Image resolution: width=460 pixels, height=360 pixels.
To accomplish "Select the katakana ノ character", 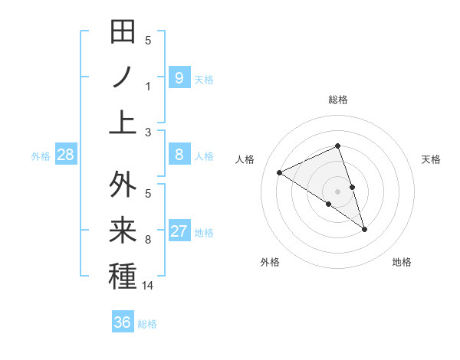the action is [123, 77].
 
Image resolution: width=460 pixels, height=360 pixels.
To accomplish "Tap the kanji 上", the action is [123, 122].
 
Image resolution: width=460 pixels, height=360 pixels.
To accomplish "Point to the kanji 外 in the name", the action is [123, 185].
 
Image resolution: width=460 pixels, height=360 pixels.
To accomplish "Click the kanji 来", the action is [123, 231].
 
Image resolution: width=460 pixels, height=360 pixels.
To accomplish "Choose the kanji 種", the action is [123, 276].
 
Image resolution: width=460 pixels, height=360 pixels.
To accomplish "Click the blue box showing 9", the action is [179, 77].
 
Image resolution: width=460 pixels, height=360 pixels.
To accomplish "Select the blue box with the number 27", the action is [179, 231].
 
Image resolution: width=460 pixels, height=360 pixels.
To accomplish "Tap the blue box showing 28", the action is [66, 155].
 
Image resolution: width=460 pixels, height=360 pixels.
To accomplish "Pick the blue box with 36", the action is [122, 322].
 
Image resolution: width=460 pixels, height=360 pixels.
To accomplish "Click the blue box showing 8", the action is [179, 155].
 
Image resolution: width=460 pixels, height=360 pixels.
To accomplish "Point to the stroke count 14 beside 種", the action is [148, 286].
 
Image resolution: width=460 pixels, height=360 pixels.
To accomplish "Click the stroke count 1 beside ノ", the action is [148, 86].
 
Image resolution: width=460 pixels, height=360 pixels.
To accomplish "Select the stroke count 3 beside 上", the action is [148, 132].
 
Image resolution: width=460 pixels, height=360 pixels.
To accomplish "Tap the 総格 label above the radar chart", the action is [337, 100].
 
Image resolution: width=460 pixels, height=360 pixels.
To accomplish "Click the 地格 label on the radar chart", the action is [402, 262].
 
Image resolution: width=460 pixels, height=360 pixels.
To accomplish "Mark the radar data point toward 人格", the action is [280, 172].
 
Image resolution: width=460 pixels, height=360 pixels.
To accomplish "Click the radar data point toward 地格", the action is [364, 228].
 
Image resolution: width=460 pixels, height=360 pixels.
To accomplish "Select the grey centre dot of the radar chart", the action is [337, 191].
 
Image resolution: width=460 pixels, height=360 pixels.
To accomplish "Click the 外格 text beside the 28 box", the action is [41, 155].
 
